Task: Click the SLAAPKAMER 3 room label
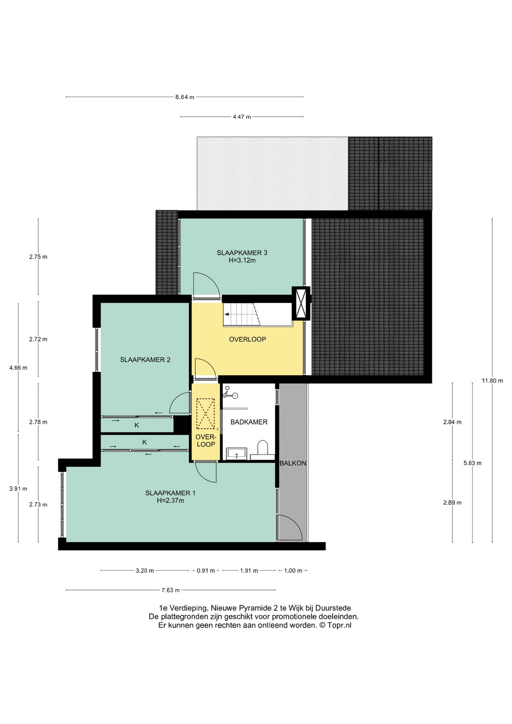pyautogui.click(x=242, y=253)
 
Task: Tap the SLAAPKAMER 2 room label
pyautogui.click(x=145, y=360)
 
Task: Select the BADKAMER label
pyautogui.click(x=249, y=422)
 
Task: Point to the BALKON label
pyautogui.click(x=293, y=463)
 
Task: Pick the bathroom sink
pyautogui.click(x=236, y=454)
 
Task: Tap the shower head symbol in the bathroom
pyautogui.click(x=230, y=394)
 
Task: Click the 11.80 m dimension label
pyautogui.click(x=492, y=380)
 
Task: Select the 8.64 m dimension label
pyautogui.click(x=185, y=97)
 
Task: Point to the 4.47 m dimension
pyautogui.click(x=242, y=117)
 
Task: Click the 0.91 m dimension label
pyautogui.click(x=206, y=571)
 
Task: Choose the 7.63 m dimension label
pyautogui.click(x=170, y=590)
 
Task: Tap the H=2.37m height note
pyautogui.click(x=170, y=501)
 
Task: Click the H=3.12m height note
pyautogui.click(x=242, y=260)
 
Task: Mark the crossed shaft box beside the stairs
pyautogui.click(x=301, y=303)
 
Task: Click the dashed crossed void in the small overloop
pyautogui.click(x=205, y=414)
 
